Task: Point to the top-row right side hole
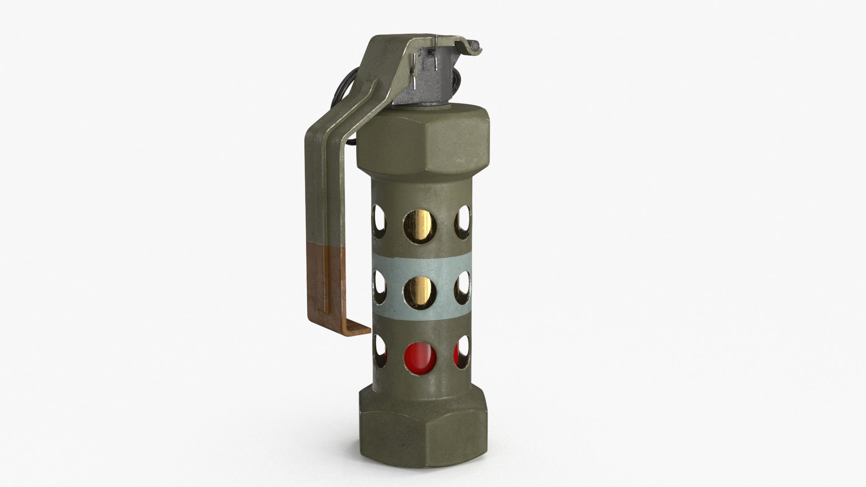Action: [x=463, y=221]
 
